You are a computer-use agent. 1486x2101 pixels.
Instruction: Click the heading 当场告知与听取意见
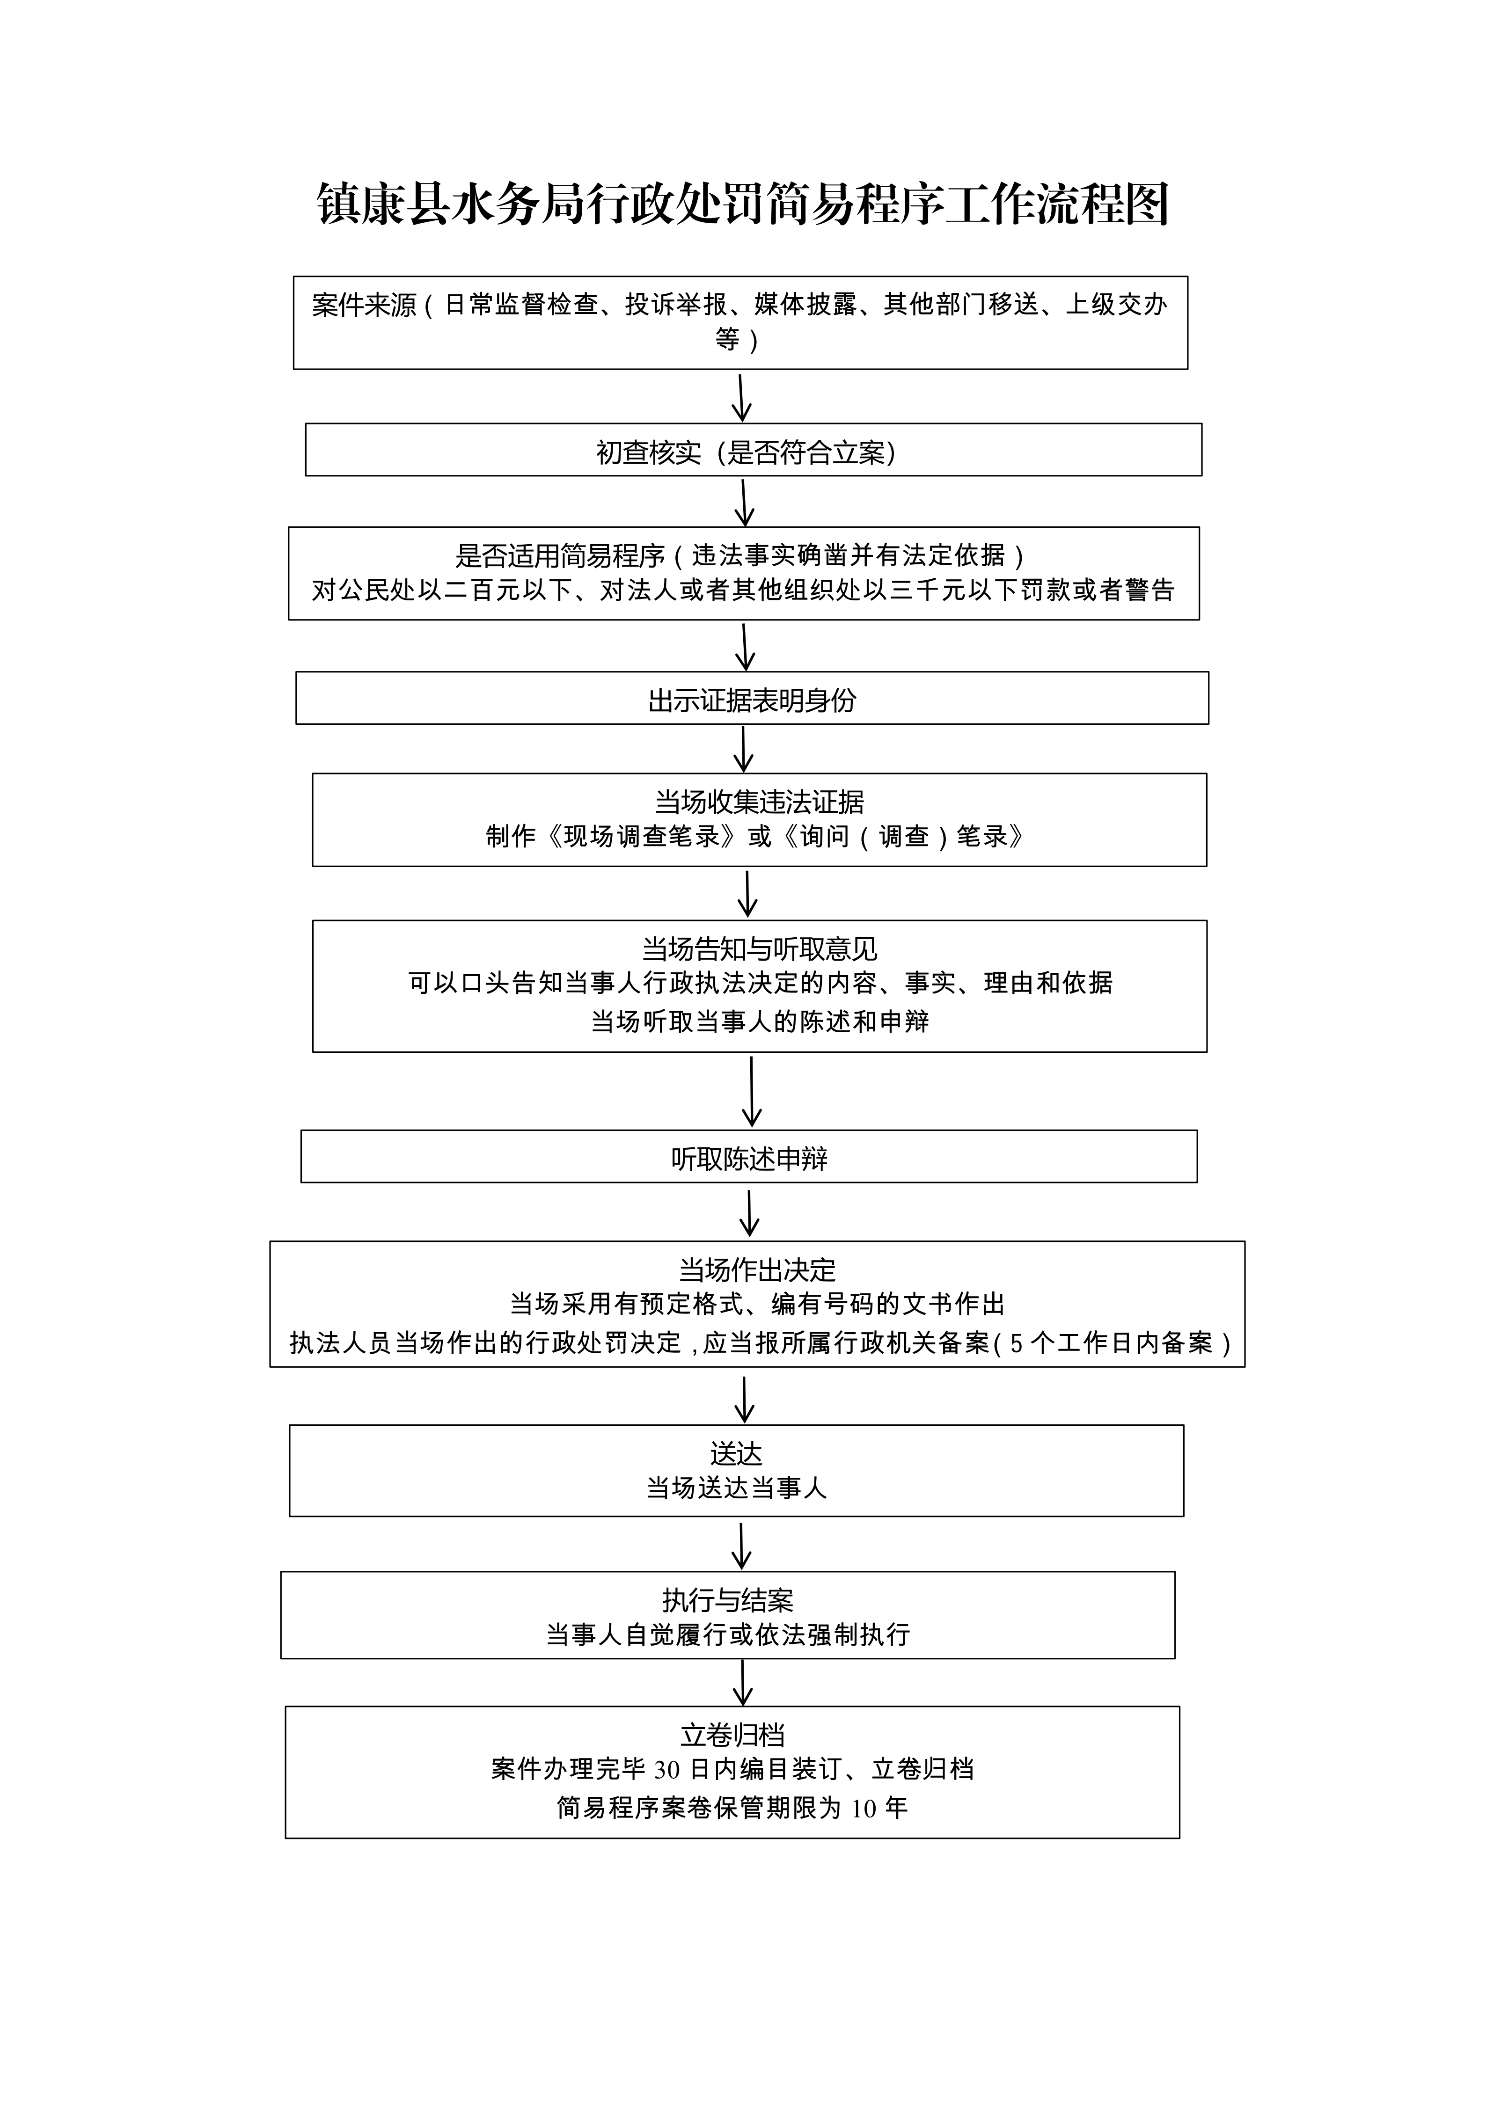click(760, 949)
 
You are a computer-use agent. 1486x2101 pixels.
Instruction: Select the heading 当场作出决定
click(757, 1270)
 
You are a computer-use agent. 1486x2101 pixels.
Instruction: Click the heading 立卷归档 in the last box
click(732, 1735)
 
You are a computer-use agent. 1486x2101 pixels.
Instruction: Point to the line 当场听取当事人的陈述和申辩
click(760, 1021)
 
